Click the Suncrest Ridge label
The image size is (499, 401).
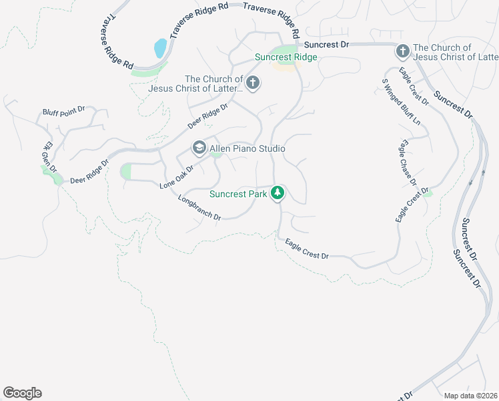(x=286, y=57)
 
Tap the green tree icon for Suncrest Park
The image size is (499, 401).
(x=278, y=194)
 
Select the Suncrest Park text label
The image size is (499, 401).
(x=238, y=194)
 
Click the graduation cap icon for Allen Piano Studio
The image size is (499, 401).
(x=199, y=148)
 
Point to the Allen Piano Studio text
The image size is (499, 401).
(x=247, y=148)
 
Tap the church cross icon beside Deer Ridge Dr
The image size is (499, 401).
(x=252, y=83)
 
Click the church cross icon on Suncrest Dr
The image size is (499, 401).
(x=402, y=51)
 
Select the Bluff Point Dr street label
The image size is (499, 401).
(x=64, y=112)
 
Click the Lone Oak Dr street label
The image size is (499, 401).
(x=177, y=177)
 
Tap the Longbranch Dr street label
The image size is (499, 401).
(x=199, y=207)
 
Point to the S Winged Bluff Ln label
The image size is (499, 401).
(x=401, y=102)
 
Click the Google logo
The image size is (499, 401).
(x=22, y=393)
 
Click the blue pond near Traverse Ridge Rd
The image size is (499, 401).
(x=161, y=48)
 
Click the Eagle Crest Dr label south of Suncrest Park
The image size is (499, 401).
(x=307, y=250)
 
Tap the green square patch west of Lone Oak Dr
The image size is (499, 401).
(x=126, y=172)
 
